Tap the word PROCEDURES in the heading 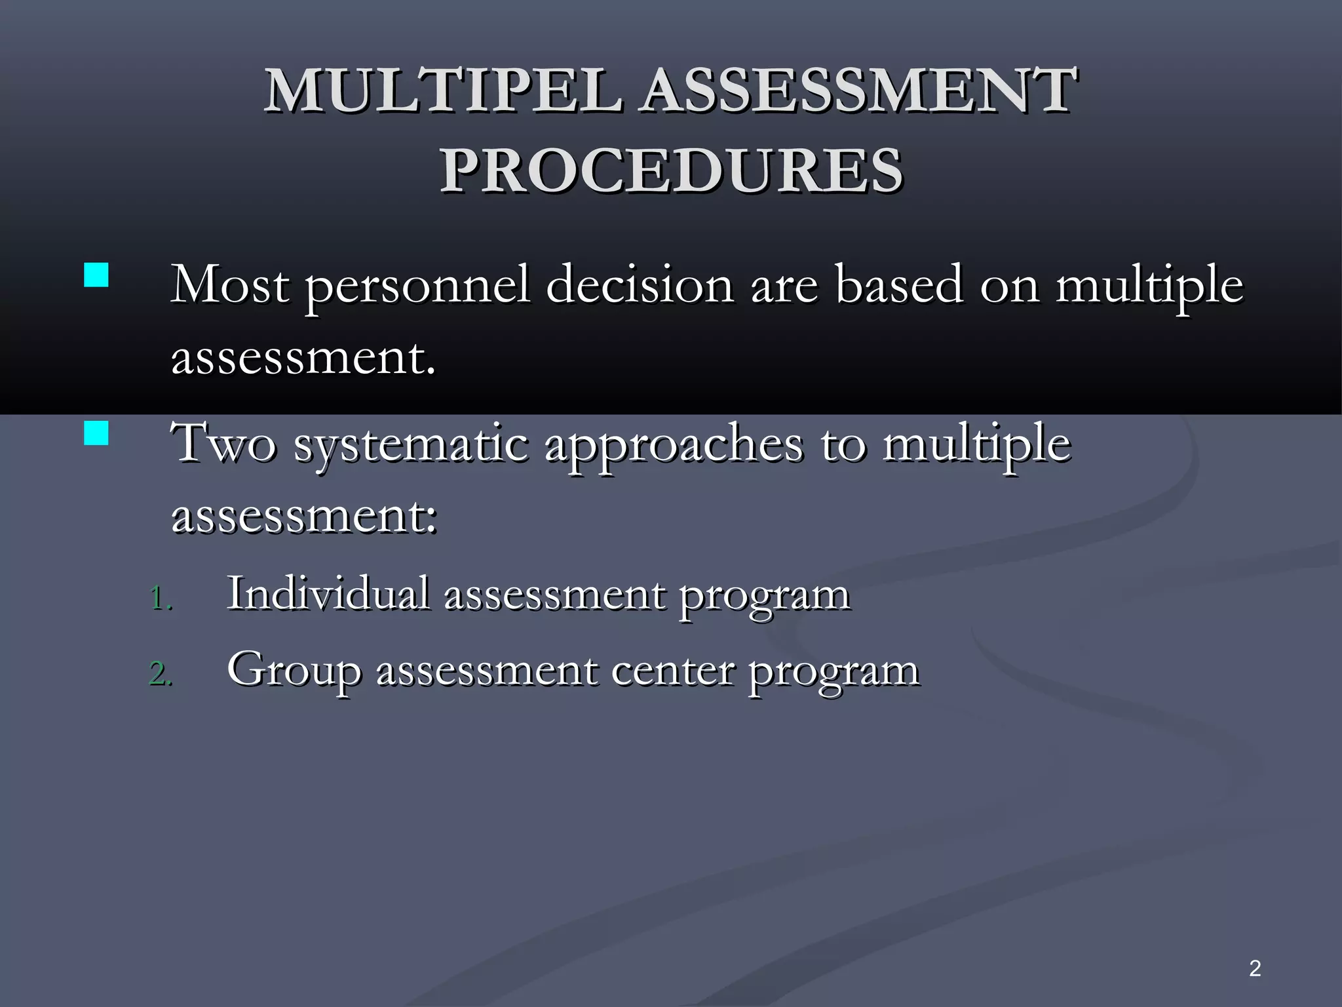[671, 170]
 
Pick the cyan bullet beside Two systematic [96, 433]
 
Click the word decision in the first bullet [639, 285]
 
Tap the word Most [229, 285]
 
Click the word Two [223, 444]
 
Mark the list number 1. [161, 598]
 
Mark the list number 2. [161, 674]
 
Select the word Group [294, 670]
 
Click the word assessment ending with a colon [303, 517]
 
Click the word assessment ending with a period [302, 359]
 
